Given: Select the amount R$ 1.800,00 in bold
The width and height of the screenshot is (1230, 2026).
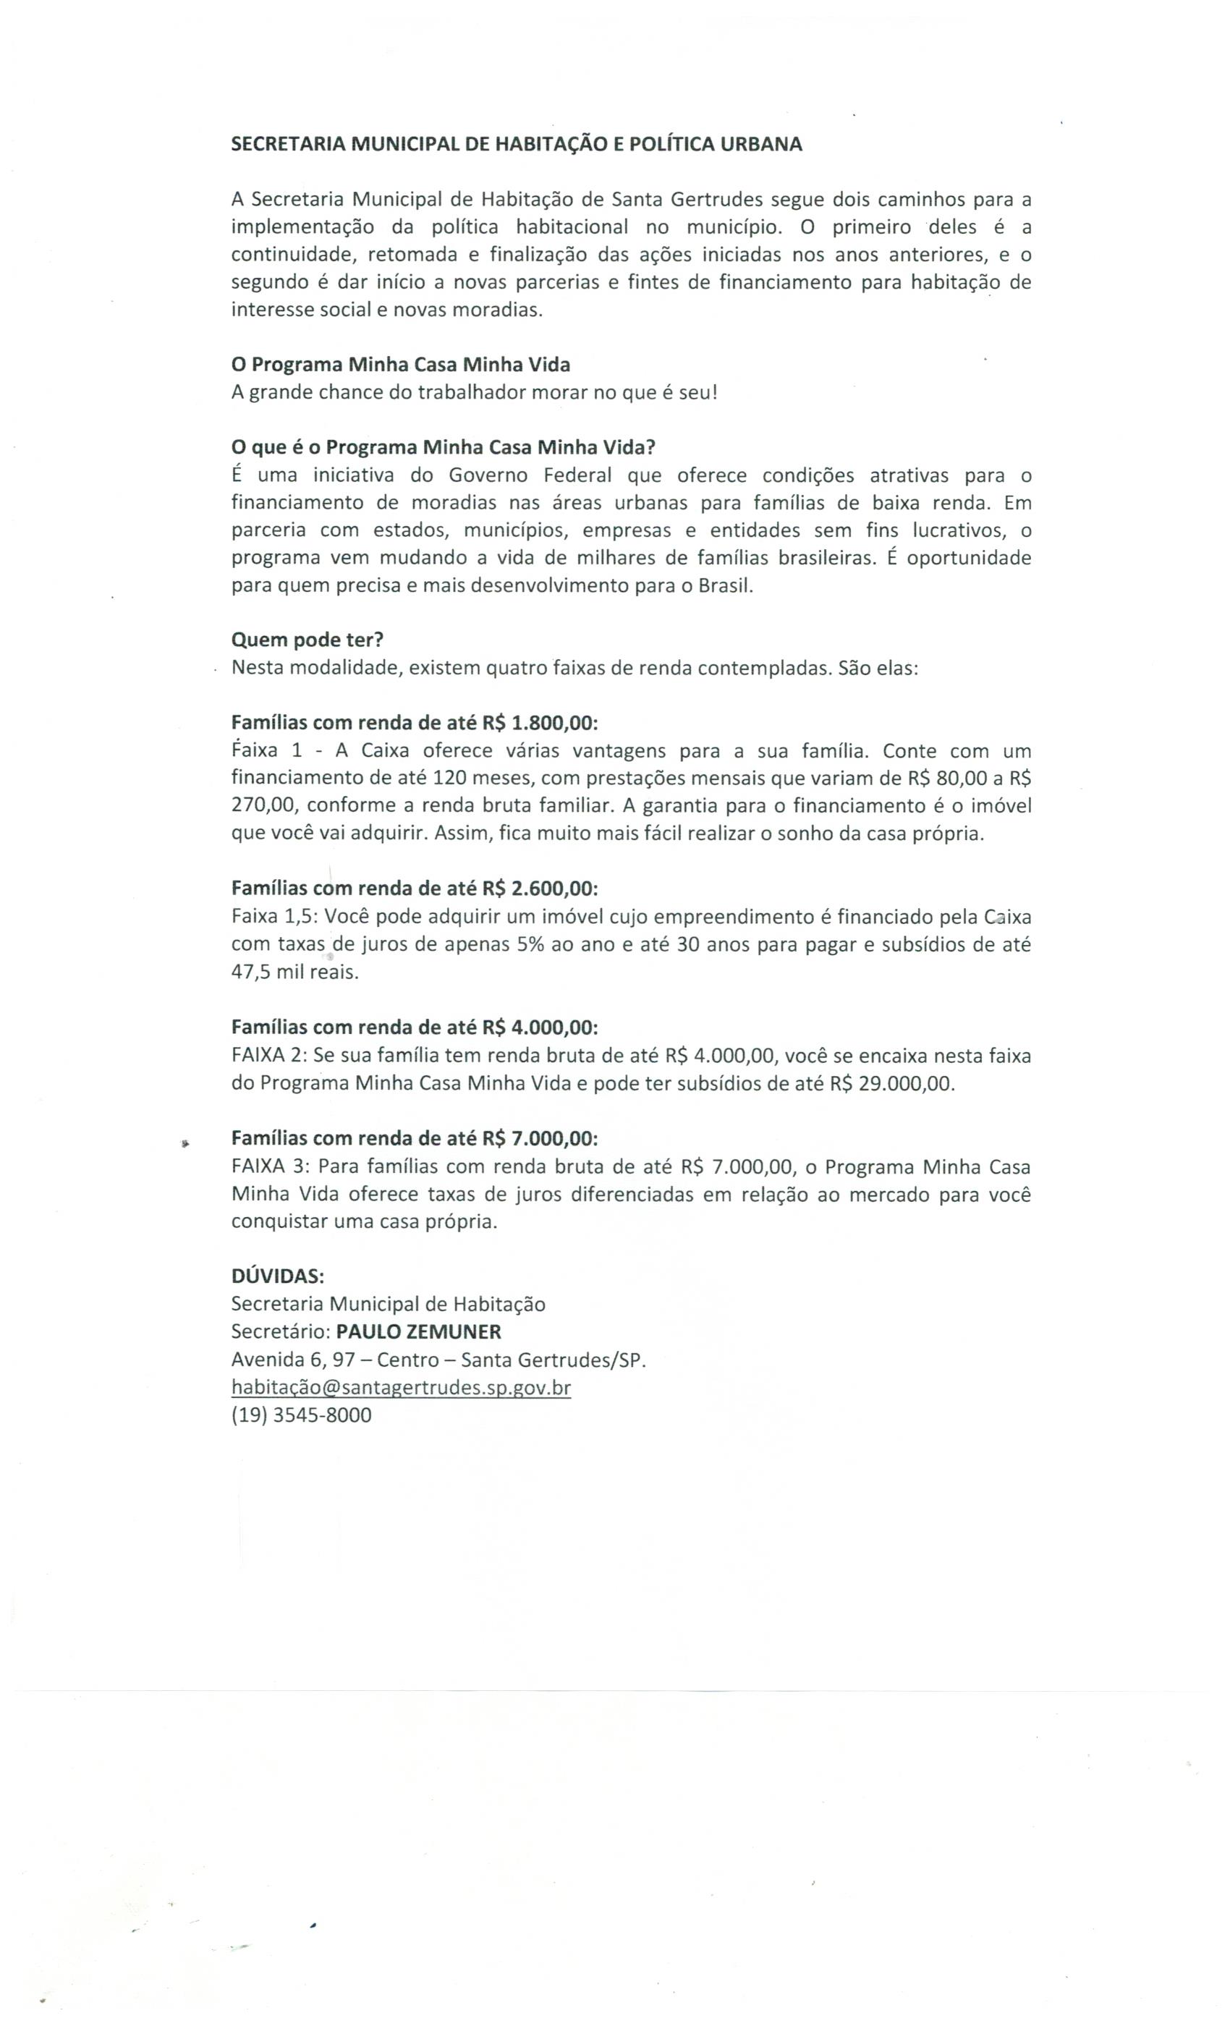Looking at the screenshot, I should click(x=539, y=722).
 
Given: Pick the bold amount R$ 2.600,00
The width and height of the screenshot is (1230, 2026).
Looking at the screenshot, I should click(x=539, y=888).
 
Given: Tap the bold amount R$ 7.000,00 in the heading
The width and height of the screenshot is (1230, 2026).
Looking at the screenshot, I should click(x=539, y=1138).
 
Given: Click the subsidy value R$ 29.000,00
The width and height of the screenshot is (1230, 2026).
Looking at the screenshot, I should click(x=891, y=1083).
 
